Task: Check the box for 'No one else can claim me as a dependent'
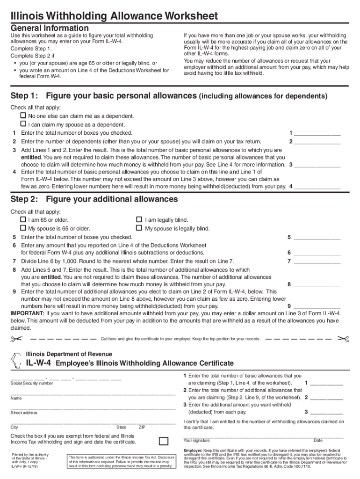(22, 116)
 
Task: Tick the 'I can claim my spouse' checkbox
(22, 124)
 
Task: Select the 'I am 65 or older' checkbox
(22, 219)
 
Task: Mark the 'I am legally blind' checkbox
(139, 219)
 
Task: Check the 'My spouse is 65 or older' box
(22, 228)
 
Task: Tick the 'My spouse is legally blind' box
(139, 228)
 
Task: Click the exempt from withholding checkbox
(164, 441)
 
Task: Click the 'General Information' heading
(50, 28)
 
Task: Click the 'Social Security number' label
(32, 383)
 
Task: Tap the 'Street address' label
(24, 413)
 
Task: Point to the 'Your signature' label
(196, 440)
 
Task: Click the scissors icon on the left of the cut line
(16, 338)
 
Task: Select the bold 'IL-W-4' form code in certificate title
(39, 363)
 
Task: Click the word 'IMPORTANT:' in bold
(28, 313)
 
